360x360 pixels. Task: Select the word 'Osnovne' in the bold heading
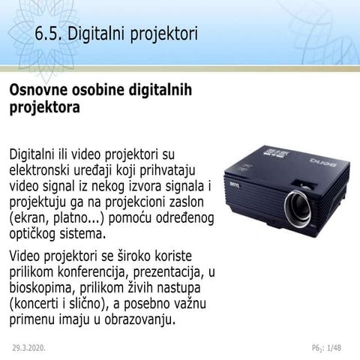click(39, 91)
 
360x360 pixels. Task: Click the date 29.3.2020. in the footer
click(29, 348)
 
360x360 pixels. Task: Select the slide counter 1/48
click(333, 348)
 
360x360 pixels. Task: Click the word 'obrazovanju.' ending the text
click(135, 321)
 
